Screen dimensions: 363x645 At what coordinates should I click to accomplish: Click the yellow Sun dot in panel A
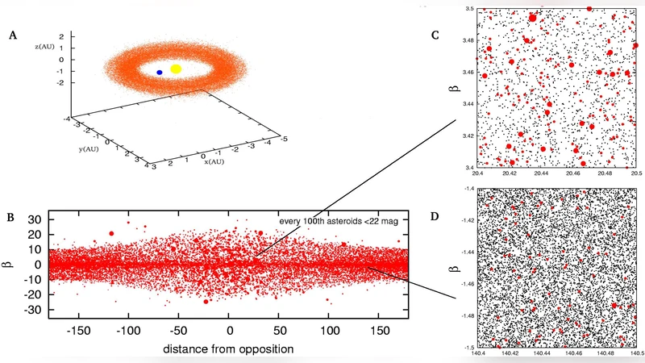click(x=176, y=69)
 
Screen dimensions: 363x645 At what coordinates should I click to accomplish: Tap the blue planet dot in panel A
click(x=160, y=73)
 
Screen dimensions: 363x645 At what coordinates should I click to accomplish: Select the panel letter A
click(x=12, y=35)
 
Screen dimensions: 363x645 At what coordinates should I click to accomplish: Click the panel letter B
click(x=12, y=216)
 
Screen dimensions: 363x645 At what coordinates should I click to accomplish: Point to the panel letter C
click(x=435, y=35)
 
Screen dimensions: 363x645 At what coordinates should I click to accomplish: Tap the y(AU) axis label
click(x=77, y=149)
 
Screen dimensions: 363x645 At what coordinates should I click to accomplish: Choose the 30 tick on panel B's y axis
click(x=35, y=219)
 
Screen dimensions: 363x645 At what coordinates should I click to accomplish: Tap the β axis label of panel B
click(x=14, y=264)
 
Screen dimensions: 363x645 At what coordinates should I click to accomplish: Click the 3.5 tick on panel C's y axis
click(x=468, y=8)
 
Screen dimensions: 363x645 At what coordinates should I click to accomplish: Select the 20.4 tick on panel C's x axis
click(x=477, y=173)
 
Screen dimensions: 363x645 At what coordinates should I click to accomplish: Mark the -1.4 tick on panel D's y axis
click(x=467, y=188)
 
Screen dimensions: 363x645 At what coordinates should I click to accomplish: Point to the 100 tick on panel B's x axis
click(x=330, y=331)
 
